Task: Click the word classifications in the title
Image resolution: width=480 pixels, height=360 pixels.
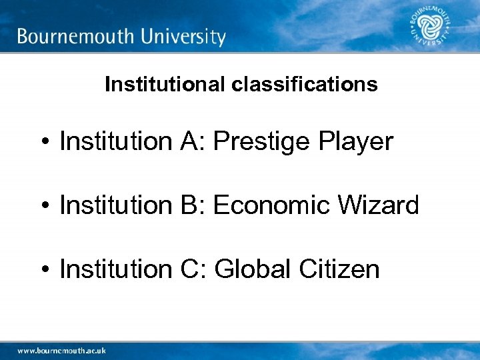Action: tap(306, 85)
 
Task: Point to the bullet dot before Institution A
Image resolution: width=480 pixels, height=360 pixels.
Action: tap(44, 142)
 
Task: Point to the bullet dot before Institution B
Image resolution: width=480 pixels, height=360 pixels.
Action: tap(44, 206)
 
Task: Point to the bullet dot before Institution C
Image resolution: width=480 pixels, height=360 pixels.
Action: tap(44, 270)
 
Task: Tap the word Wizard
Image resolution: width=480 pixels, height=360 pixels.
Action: tap(379, 205)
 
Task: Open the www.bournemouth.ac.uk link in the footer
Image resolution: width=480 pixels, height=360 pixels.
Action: tap(61, 350)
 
